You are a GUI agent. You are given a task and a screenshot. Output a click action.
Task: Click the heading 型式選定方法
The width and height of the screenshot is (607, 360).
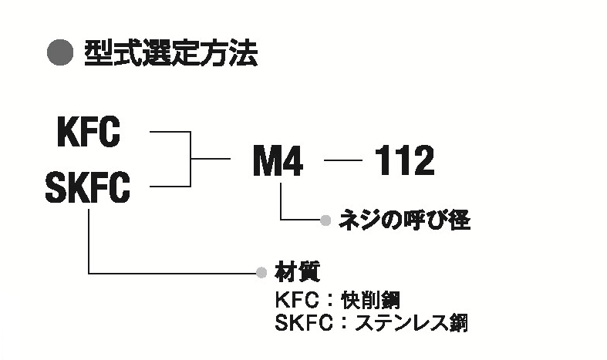[170, 54]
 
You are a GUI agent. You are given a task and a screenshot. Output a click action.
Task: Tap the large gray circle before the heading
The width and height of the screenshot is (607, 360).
[60, 54]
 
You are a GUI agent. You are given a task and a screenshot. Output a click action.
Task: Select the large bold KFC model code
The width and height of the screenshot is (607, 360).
[89, 133]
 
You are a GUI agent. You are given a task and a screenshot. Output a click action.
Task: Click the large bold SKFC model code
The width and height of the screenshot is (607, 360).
[88, 187]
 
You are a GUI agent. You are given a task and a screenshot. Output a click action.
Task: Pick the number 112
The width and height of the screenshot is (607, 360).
[404, 161]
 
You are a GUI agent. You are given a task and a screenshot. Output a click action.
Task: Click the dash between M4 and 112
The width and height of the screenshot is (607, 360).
[343, 161]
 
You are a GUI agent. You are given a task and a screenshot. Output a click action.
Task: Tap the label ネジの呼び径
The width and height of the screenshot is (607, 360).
[404, 221]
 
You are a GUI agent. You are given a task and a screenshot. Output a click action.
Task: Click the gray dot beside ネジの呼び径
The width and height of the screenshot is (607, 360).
[326, 221]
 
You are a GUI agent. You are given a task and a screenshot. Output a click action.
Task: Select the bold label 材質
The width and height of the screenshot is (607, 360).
[297, 272]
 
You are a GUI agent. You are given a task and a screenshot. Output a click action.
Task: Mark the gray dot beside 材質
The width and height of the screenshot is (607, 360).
[261, 272]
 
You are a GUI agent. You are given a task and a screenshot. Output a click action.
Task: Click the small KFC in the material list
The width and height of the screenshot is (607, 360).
[296, 299]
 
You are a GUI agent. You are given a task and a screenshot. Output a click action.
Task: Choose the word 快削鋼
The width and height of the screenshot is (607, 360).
[377, 299]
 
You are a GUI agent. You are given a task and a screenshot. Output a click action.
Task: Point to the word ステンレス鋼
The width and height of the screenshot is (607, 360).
[410, 321]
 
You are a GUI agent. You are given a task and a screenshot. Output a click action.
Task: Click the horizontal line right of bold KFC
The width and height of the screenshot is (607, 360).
[170, 133]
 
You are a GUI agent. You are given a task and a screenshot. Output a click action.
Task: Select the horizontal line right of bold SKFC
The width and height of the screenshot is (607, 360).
[170, 186]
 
